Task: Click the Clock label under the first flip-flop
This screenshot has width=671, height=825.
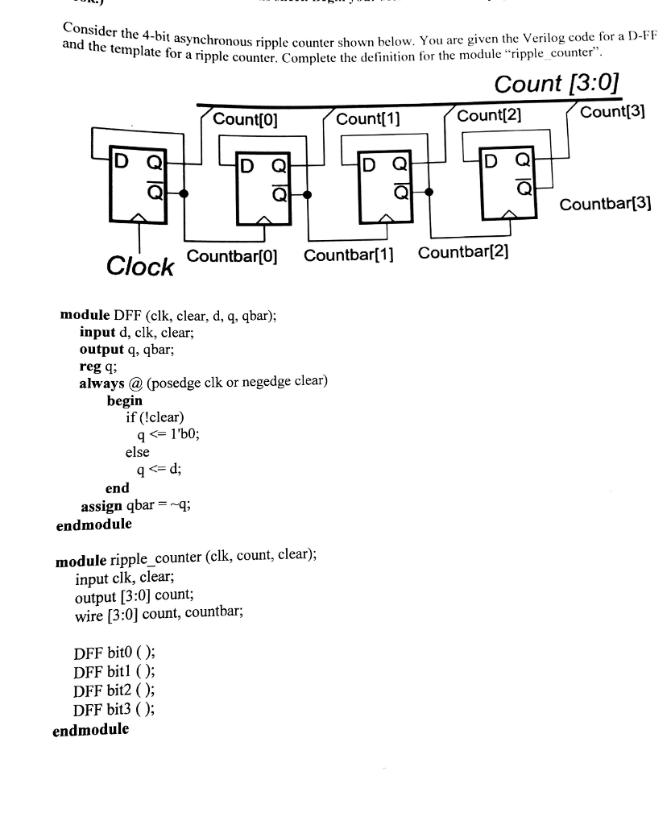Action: click(x=140, y=267)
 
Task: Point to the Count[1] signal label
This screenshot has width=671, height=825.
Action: click(x=368, y=119)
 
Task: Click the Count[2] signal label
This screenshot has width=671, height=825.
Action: click(x=490, y=116)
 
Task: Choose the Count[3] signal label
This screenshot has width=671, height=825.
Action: click(x=613, y=112)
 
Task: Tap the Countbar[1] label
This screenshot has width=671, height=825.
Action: click(x=348, y=256)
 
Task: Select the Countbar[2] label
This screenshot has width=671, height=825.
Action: click(x=463, y=254)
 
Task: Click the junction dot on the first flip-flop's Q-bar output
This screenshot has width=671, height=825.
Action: click(x=184, y=193)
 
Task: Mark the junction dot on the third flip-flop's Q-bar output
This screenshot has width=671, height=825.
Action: click(x=429, y=192)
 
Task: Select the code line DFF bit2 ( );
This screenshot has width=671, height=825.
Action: click(x=114, y=691)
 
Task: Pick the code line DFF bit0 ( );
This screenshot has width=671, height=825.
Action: click(x=114, y=654)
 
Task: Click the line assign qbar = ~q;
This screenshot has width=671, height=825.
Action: click(x=135, y=506)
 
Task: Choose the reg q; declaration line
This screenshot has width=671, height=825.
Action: click(x=98, y=364)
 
